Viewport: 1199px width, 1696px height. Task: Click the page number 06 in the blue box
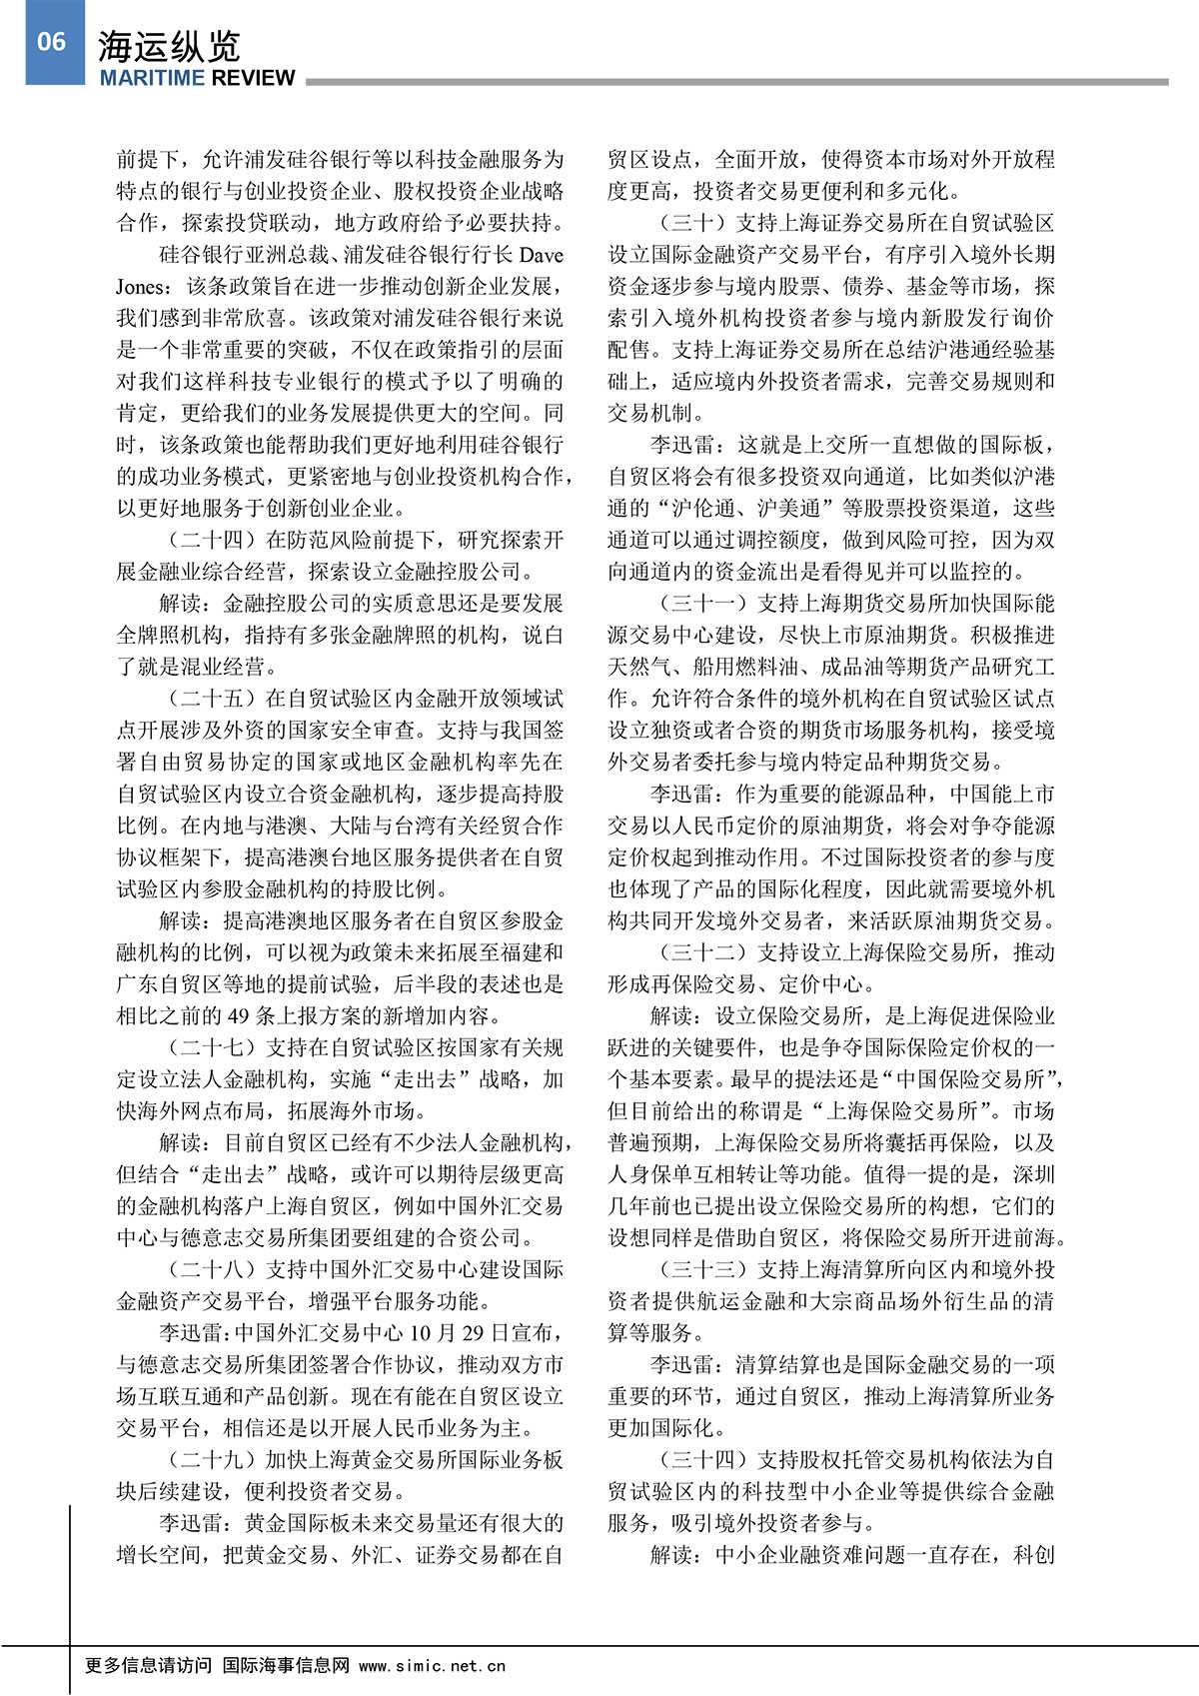point(52,42)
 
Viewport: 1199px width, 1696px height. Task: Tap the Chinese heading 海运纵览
point(169,47)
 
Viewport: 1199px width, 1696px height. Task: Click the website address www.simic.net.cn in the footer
point(432,1666)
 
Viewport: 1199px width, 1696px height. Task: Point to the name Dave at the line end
point(541,256)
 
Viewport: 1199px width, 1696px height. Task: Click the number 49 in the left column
point(239,1016)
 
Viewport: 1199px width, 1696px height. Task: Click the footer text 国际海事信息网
point(286,1666)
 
